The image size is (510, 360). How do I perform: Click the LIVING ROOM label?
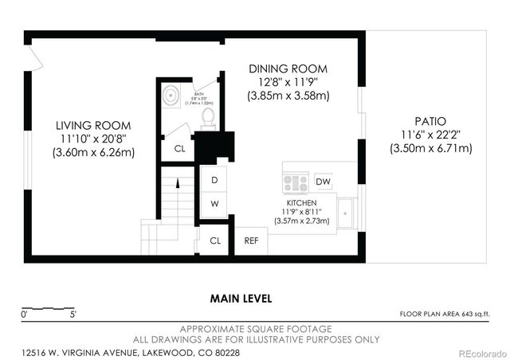(x=93, y=126)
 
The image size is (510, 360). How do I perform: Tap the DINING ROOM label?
(x=288, y=69)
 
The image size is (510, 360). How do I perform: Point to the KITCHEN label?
(x=302, y=203)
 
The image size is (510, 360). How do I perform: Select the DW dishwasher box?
(x=323, y=182)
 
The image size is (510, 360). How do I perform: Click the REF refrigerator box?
(x=251, y=241)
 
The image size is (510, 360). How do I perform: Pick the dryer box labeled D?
(x=214, y=180)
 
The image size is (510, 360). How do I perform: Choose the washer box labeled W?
(x=214, y=203)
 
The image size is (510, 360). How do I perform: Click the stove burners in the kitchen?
(x=296, y=183)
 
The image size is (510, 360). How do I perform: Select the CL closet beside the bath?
(x=178, y=147)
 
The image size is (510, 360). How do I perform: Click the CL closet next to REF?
(x=214, y=241)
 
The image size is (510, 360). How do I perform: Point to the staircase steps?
(x=178, y=199)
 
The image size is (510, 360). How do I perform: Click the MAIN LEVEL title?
(x=241, y=299)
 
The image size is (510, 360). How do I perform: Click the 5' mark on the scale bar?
(x=73, y=315)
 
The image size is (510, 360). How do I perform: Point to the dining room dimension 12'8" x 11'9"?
(x=288, y=82)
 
